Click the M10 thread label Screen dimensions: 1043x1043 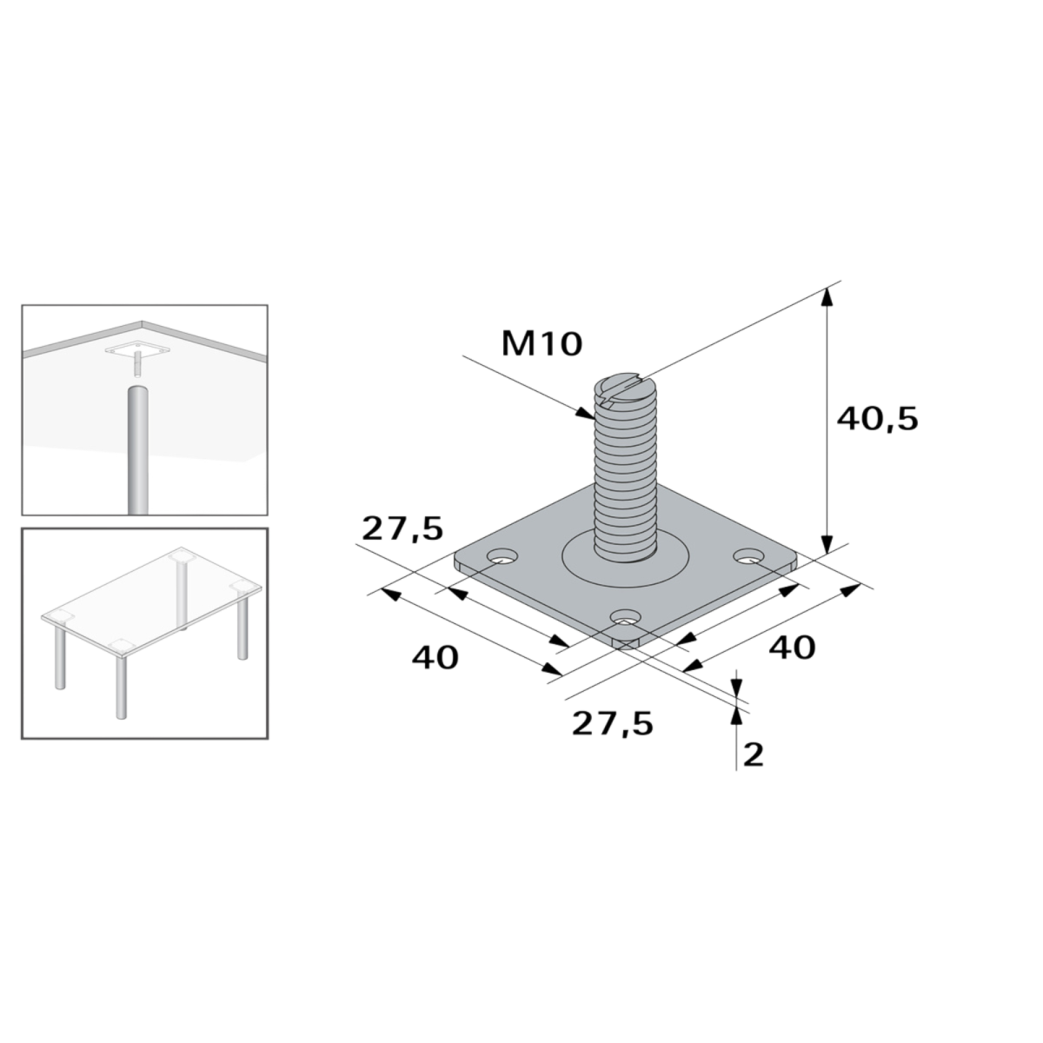[541, 343]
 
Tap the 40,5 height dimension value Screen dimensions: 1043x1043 [877, 419]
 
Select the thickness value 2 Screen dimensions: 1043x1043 [753, 754]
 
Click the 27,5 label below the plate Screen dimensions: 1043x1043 [613, 724]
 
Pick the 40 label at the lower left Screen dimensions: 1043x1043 [435, 658]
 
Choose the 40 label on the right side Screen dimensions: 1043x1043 [793, 648]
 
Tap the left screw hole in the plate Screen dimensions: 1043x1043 [502, 556]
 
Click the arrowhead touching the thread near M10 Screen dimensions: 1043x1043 [586, 414]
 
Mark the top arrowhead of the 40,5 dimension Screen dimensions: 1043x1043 [827, 298]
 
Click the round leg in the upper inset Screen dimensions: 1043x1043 [137, 449]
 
